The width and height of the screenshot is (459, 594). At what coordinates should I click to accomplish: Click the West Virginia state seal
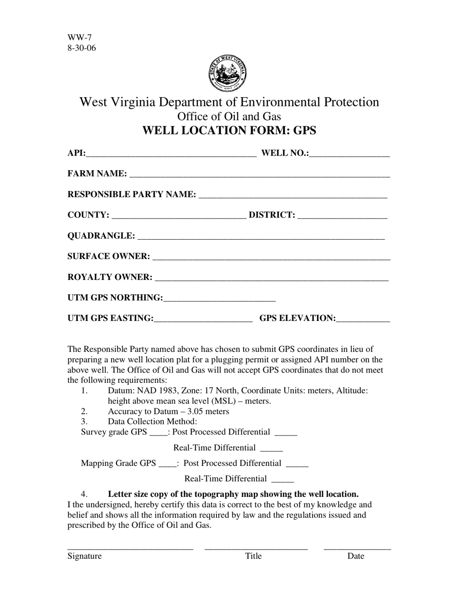coord(228,73)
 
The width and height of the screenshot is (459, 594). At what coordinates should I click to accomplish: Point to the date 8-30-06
coord(82,48)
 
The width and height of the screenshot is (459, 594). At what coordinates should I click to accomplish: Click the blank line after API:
coord(171,154)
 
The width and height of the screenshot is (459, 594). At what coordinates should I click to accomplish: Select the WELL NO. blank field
coord(349,154)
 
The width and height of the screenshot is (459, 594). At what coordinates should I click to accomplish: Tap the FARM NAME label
coord(97,174)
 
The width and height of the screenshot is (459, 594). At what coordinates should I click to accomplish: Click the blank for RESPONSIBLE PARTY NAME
coord(293,195)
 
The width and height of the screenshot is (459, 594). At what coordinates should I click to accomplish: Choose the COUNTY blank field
coord(178,216)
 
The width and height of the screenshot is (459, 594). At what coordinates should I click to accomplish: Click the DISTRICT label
coord(272,215)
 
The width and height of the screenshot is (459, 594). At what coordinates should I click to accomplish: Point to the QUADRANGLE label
coord(101,236)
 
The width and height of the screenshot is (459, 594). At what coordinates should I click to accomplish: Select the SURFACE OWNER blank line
coord(271,257)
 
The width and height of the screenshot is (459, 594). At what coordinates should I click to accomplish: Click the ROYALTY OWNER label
coord(110,277)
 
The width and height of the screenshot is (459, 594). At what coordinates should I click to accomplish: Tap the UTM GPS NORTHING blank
coord(219,299)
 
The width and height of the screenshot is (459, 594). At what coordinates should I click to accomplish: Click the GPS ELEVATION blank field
coord(363,319)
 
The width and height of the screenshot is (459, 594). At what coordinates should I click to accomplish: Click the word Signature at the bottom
coord(85,556)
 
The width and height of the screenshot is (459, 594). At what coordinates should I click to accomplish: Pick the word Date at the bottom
coord(356,556)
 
